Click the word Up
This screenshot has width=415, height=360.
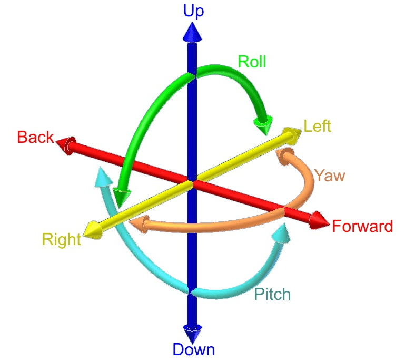[193, 12]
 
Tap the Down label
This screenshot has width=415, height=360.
[193, 349]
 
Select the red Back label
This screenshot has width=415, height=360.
[35, 138]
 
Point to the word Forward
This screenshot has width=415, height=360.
[362, 227]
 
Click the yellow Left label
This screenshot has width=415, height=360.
[317, 127]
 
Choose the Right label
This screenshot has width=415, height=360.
[62, 240]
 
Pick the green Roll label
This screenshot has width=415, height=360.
[252, 62]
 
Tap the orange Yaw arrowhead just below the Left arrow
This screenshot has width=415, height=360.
[284, 154]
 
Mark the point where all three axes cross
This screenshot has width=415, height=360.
[192, 183]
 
